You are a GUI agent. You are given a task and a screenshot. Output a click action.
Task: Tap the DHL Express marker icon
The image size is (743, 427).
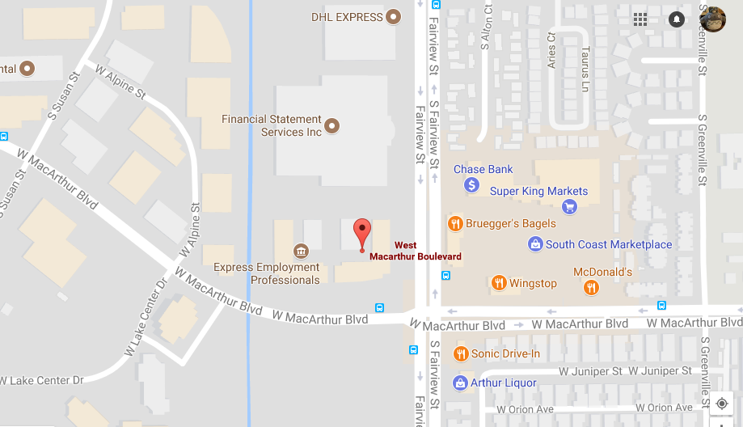[394, 17]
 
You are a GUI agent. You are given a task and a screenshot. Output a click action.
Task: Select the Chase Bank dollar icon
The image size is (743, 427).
[472, 185]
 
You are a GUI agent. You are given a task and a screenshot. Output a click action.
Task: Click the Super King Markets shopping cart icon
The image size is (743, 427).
[569, 206]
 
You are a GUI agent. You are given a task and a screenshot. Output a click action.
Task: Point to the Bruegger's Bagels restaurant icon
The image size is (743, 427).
[455, 223]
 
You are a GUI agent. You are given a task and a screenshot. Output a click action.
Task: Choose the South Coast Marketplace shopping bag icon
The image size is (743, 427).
[534, 243]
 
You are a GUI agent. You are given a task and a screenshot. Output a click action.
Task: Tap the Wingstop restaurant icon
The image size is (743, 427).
[499, 283]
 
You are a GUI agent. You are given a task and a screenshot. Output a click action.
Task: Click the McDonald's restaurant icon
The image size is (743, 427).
[592, 287]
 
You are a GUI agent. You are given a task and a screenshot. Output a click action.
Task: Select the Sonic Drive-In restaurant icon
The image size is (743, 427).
[461, 353]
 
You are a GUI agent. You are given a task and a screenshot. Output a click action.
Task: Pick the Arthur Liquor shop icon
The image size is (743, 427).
[460, 383]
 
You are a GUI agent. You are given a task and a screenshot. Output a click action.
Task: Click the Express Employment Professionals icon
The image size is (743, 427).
[301, 250]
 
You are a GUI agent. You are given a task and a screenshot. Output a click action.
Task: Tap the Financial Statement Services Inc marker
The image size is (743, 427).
[331, 126]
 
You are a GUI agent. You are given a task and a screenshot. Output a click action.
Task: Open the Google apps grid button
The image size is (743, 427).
[640, 19]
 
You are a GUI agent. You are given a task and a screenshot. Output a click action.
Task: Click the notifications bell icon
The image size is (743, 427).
[677, 19]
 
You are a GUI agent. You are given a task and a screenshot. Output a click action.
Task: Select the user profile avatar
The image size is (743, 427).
[711, 19]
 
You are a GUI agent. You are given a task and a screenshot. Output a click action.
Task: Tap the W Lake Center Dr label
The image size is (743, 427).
[42, 380]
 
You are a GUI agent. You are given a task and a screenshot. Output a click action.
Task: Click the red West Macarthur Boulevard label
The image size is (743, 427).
[416, 251]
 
